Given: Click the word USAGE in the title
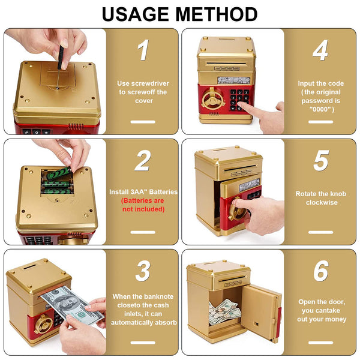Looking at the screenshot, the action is (135, 14).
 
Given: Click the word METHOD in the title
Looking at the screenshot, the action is (217, 14).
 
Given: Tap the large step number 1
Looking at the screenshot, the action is (143, 50).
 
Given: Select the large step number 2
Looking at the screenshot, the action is (143, 160).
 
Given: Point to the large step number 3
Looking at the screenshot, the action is (143, 271).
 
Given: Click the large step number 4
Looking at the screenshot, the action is (320, 50).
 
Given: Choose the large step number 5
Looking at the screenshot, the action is (321, 160).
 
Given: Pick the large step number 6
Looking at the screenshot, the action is (321, 271).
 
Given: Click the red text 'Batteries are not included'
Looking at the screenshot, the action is (143, 205).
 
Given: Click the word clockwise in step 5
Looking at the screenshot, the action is (322, 203).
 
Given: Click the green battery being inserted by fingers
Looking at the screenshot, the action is (59, 173).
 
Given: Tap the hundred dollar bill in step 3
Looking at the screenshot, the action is (72, 305).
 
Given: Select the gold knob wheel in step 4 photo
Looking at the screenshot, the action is (213, 98).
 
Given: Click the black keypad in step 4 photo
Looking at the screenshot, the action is (239, 100).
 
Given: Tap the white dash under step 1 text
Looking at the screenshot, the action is (143, 122).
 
